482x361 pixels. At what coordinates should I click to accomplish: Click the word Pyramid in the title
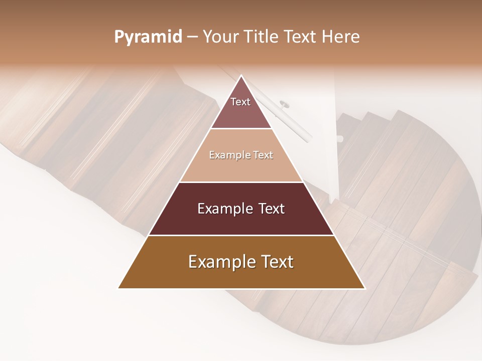coord(148,37)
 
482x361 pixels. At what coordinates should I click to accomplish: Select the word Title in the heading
coord(261,37)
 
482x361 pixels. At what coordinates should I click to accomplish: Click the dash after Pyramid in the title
coord(192,37)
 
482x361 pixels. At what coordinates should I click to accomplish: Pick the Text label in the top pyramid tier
coord(240,102)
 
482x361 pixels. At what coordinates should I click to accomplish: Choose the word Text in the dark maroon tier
coord(271,209)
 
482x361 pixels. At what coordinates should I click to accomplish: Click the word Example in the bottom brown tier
coord(218,262)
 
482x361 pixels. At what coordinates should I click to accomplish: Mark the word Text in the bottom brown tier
coord(275,262)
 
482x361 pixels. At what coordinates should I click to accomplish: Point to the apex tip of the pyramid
coord(241,76)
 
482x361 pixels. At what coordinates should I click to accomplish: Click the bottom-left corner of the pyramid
coord(118,288)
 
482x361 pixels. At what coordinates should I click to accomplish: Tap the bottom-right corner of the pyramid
coord(365,288)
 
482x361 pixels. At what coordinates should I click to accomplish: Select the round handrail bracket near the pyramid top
coord(284,104)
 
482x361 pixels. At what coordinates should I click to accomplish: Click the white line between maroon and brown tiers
coord(241,235)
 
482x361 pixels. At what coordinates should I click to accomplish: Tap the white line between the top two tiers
coord(241,129)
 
